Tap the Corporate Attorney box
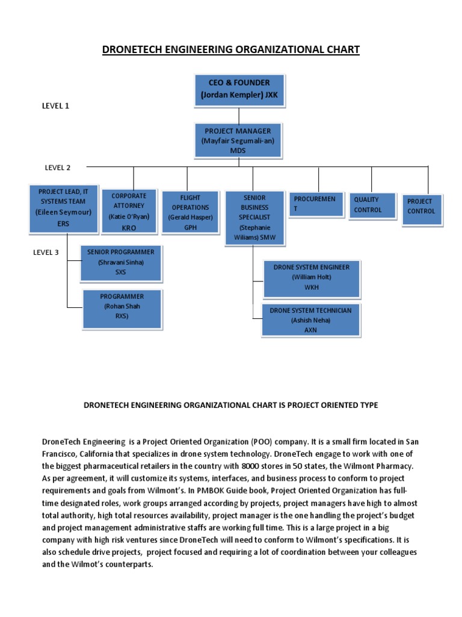click(129, 211)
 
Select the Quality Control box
click(372, 205)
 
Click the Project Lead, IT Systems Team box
click(58, 208)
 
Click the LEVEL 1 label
click(55, 105)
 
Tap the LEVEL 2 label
click(58, 168)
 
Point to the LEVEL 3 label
click(46, 252)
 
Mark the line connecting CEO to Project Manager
click(239, 115)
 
